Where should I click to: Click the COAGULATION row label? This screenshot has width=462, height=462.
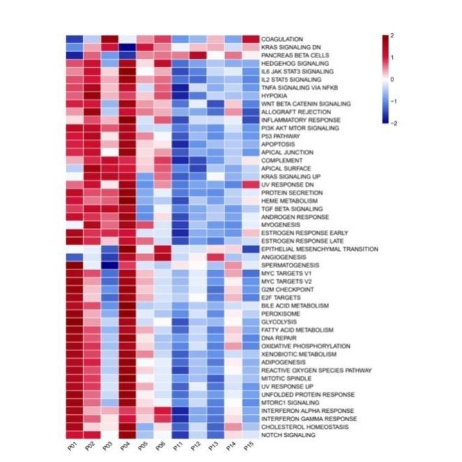coord(282,39)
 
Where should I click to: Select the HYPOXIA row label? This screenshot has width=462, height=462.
coord(274,96)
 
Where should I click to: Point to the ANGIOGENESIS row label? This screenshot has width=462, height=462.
coord(283,257)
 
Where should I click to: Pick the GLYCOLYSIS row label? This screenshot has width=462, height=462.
coord(278,321)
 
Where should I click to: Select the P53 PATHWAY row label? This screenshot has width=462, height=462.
coord(280,136)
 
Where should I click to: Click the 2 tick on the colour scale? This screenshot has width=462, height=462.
coord(393,35)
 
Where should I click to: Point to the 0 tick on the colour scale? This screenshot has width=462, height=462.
coord(393,79)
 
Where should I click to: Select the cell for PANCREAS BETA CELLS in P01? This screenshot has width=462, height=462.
coord(74,55)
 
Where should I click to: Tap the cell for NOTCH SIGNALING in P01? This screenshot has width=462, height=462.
coord(74,435)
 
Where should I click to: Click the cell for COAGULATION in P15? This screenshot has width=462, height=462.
coord(251,39)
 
